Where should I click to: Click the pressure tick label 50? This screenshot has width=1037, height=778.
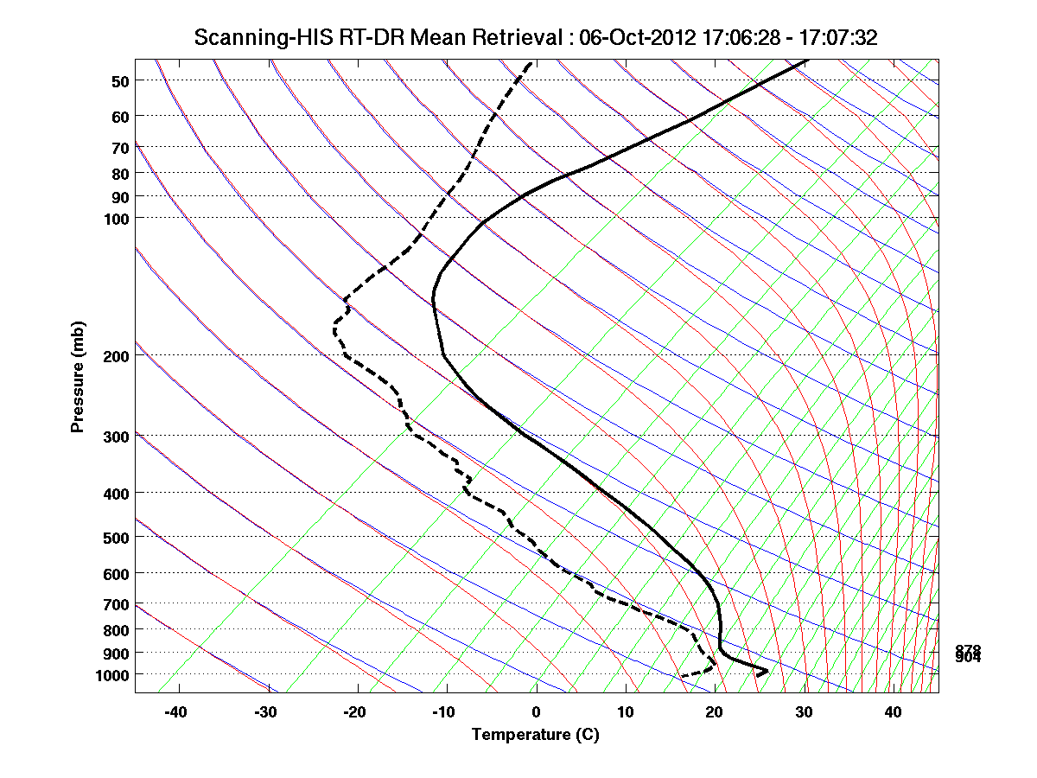tap(119, 81)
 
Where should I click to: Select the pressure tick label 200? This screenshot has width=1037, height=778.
tap(115, 356)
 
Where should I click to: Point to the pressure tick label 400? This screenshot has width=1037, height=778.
tap(115, 494)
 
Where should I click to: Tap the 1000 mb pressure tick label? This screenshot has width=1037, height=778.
tap(111, 674)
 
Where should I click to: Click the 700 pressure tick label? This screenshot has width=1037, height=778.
tap(115, 604)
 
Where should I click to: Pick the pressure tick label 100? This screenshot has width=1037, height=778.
tap(115, 218)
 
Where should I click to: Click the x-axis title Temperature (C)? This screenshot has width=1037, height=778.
tap(535, 735)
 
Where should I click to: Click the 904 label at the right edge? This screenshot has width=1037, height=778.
tap(968, 658)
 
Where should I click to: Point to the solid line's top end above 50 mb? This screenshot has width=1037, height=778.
tap(807, 61)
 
